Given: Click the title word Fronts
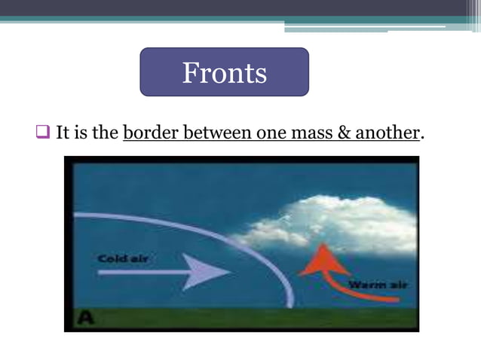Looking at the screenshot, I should point(224,73).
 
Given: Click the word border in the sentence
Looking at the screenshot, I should point(148,134).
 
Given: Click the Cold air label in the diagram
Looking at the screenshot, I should point(124,259).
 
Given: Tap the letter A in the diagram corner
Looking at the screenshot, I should point(87,319).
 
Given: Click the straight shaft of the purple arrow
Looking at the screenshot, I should point(143,272).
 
